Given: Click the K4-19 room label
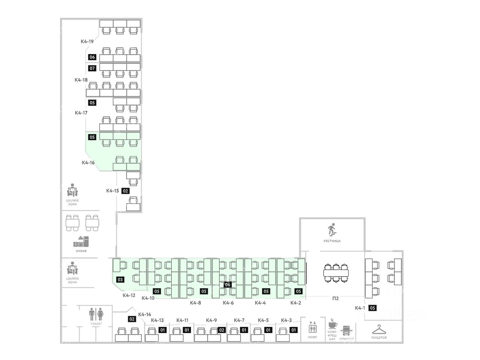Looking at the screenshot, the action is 87,41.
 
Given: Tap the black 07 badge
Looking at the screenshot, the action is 92,68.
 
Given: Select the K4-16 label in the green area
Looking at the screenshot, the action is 88,163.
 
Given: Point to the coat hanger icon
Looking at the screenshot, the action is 379,329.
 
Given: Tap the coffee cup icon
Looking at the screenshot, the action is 333,324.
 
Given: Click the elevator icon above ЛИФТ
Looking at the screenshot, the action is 312,327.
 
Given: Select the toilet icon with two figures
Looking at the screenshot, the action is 96,313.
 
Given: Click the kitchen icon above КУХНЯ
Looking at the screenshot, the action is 81,242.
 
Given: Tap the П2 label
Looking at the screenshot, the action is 335,298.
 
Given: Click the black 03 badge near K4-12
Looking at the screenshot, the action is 120,280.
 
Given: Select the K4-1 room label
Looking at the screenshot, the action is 360,308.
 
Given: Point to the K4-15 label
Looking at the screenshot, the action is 112,190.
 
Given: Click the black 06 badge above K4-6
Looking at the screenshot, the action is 228,285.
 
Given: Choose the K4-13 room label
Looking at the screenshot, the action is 157,320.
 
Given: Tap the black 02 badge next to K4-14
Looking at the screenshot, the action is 132,319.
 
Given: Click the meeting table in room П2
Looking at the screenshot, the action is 336,273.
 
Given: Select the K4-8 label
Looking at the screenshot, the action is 195,303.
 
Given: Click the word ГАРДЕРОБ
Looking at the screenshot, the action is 379,338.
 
